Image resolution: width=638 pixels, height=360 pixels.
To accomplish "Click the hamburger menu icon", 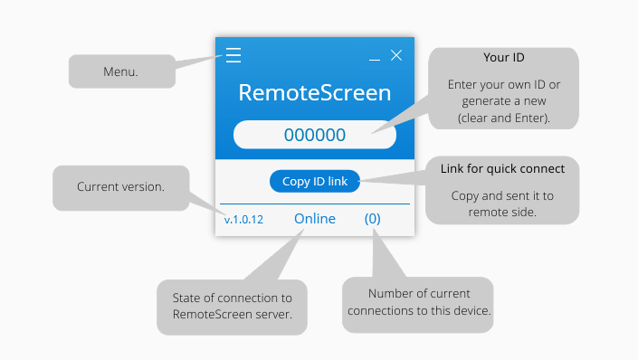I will [233, 56].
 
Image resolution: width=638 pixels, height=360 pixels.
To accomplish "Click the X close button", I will [396, 56].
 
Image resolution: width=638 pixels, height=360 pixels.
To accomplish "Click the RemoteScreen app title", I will [314, 93].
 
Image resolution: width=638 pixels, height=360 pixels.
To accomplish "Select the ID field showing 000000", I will [314, 135].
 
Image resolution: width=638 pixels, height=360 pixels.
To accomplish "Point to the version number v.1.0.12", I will [243, 220].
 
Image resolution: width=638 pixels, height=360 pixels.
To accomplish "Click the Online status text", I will [314, 219].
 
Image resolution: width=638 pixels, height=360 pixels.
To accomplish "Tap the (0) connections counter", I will [373, 219].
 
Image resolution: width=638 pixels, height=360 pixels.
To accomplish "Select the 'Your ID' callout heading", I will [503, 57].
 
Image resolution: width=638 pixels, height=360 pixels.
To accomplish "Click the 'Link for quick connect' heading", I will [502, 168].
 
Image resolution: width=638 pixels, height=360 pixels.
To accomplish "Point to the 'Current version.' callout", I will [120, 187].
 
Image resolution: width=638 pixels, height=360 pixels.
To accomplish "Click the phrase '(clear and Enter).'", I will [503, 118].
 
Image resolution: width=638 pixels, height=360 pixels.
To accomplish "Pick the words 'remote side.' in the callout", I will [502, 213].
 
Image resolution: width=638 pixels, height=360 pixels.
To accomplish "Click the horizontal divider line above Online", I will [314, 204].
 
